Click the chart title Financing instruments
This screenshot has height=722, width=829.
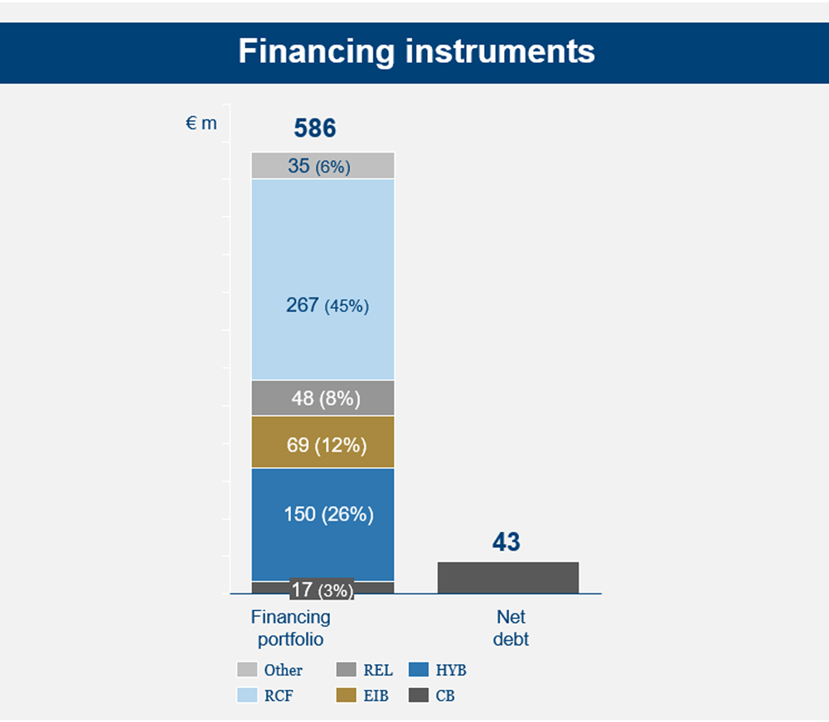417,51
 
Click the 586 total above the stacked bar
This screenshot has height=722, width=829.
315,128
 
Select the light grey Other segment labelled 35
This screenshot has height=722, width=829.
323,166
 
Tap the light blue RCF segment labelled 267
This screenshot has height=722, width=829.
323,280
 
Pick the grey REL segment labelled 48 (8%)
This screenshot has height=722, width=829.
323,398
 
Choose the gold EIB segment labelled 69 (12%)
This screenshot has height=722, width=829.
323,443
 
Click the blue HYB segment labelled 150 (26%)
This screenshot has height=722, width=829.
323,525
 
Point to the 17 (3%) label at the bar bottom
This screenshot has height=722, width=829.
322,589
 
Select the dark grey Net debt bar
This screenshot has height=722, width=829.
508,578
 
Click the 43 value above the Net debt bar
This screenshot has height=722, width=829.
507,542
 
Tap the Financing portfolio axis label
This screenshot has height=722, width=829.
291,628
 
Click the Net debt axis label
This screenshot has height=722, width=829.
511,628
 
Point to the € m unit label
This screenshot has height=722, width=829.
201,124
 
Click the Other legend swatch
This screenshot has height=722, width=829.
247,670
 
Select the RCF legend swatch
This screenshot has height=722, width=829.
247,695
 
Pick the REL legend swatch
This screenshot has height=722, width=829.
347,670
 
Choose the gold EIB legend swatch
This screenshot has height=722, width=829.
347,695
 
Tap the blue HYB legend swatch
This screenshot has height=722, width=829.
419,670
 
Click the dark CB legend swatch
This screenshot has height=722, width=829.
419,695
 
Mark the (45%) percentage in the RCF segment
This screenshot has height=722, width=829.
347,306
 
